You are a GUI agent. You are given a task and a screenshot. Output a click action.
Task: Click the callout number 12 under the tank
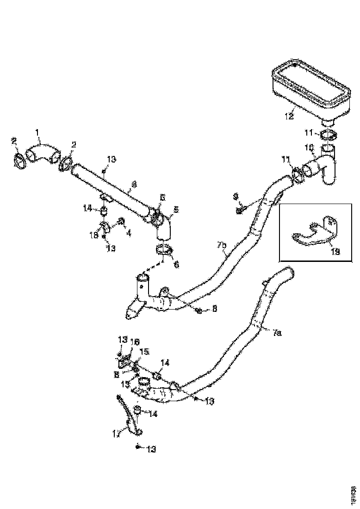pyautogui.click(x=289, y=116)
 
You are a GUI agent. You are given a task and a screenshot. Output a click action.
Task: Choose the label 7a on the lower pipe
pyautogui.click(x=277, y=332)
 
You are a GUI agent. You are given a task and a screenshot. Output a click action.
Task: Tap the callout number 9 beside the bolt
pyautogui.click(x=236, y=197)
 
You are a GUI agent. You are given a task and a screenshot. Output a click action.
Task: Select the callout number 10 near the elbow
pyautogui.click(x=310, y=148)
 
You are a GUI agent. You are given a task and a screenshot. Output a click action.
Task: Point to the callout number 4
pyautogui.click(x=129, y=234)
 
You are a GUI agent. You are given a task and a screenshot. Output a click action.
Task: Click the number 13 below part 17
pyautogui.click(x=151, y=449)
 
